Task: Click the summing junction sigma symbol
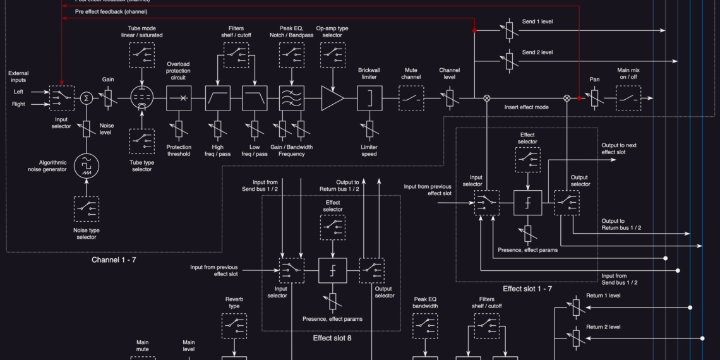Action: click(86, 98)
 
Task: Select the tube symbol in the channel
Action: click(141, 98)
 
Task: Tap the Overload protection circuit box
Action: click(179, 98)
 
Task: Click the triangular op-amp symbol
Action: click(332, 98)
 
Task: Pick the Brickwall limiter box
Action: click(369, 98)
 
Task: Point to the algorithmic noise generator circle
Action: click(86, 166)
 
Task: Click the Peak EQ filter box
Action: click(292, 98)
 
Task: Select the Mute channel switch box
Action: click(412, 98)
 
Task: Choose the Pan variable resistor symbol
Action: click(594, 98)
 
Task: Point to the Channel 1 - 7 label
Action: click(114, 260)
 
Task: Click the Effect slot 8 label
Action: click(332, 338)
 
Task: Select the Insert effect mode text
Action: click(526, 107)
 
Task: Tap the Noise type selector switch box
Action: click(86, 209)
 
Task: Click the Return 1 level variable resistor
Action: click(576, 308)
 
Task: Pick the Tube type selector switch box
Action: click(141, 141)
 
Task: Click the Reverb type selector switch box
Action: click(234, 326)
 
